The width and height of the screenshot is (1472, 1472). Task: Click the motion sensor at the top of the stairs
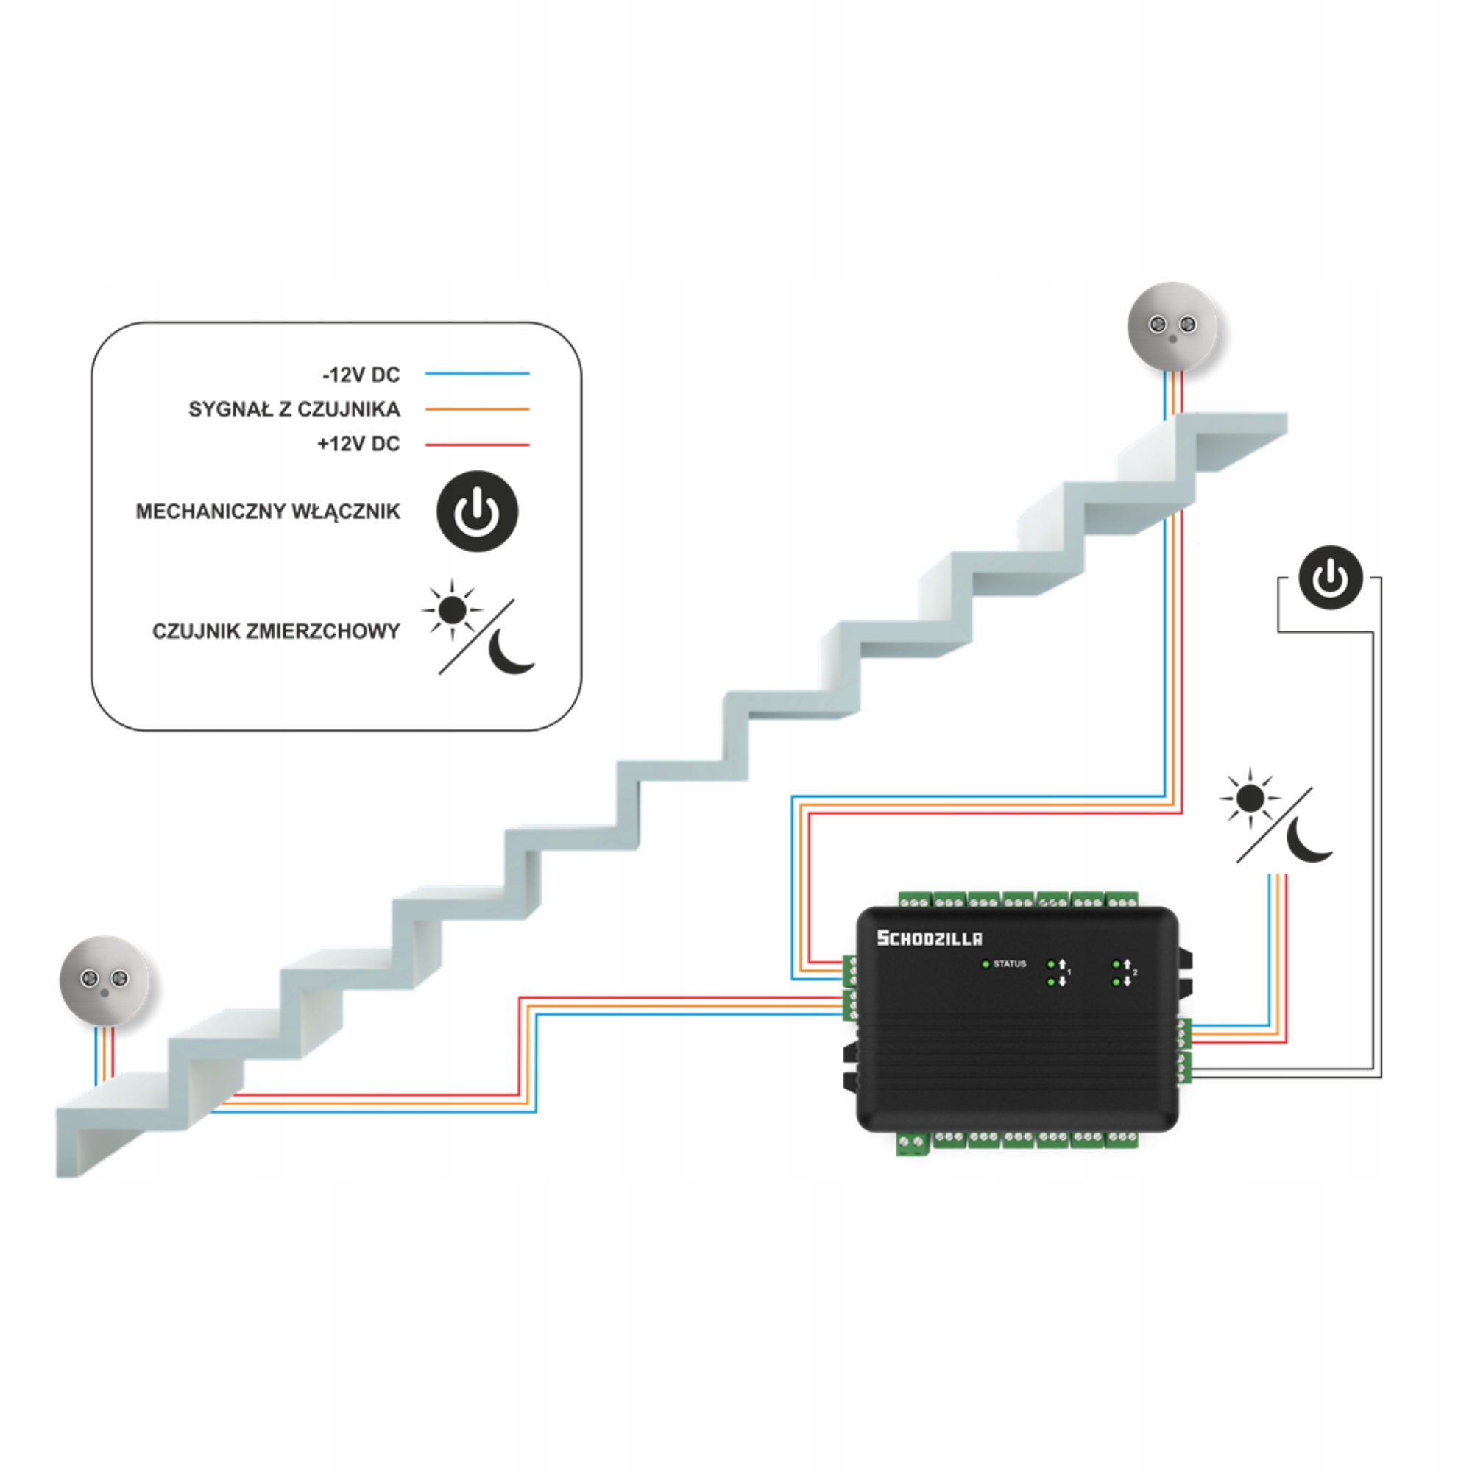[x=1172, y=326]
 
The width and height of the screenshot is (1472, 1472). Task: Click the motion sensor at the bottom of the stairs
[x=105, y=980]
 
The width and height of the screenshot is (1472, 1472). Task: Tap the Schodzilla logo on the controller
[x=930, y=938]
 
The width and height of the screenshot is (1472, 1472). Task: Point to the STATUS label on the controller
[x=1010, y=964]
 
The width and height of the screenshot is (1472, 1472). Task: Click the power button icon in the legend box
[x=477, y=511]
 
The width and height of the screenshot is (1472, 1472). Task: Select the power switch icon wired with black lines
[x=1330, y=577]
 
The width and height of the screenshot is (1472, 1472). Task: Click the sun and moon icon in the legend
[x=478, y=626]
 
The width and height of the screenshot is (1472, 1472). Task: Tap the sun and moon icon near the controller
[x=1275, y=815]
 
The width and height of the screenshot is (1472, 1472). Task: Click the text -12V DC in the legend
[x=361, y=374]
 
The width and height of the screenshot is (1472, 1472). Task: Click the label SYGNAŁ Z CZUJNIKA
[x=294, y=409]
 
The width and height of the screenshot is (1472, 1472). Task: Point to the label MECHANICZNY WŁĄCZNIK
[x=267, y=512]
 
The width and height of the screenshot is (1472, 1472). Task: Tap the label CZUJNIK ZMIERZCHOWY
[x=276, y=631]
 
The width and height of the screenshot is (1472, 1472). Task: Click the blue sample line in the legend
[x=477, y=373]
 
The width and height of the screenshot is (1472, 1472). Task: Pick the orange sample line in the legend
[x=477, y=409]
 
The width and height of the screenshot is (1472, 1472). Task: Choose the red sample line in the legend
[x=477, y=445]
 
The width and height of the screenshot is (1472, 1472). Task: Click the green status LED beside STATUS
[x=986, y=965]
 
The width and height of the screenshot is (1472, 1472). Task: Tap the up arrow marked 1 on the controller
[x=1062, y=965]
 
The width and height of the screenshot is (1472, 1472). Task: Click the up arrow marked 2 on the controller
[x=1127, y=965]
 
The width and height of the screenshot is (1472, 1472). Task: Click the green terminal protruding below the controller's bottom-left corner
[x=912, y=1144]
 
